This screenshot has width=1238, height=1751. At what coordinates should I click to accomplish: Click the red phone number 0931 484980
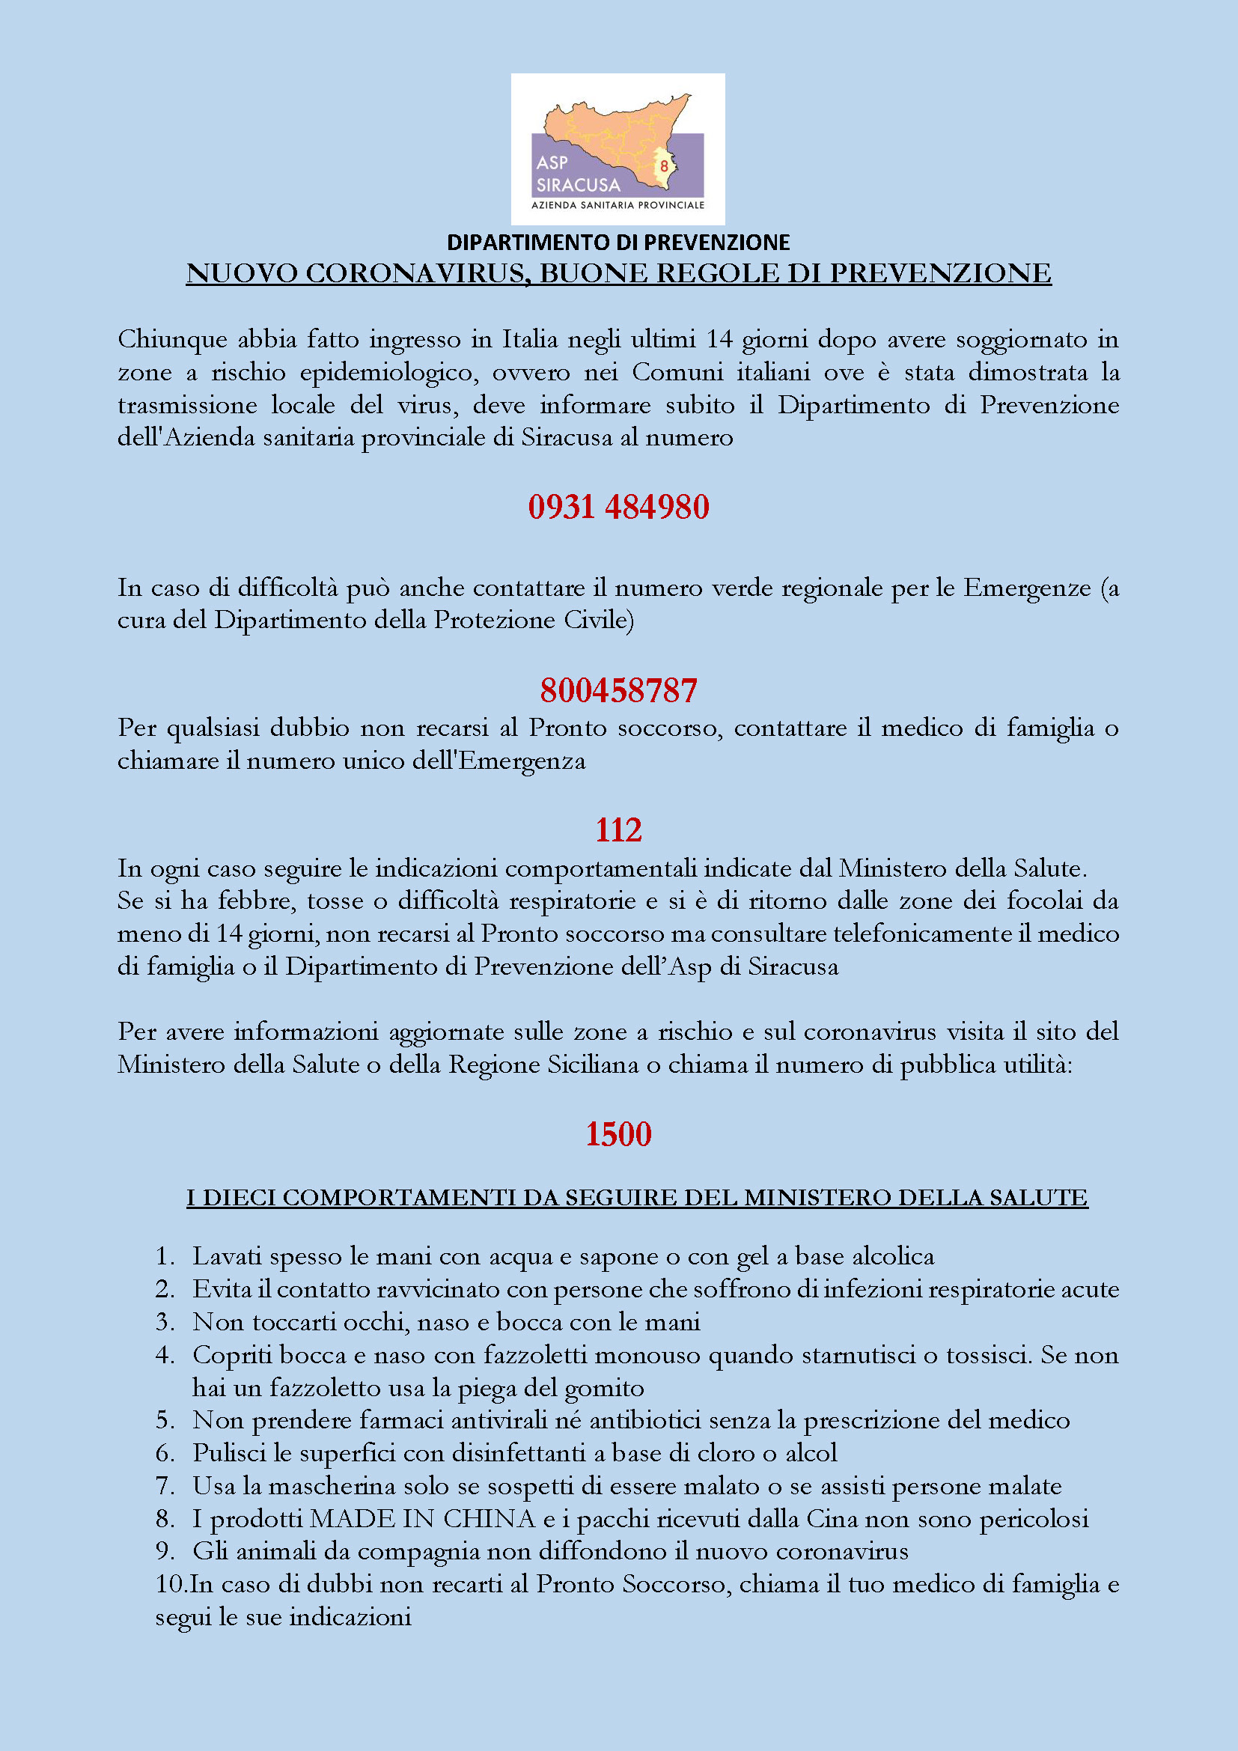[618, 507]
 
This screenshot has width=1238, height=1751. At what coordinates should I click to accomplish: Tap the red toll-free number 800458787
[618, 690]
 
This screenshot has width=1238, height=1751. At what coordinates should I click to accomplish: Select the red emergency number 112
[618, 829]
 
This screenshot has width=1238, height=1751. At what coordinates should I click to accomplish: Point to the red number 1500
[618, 1134]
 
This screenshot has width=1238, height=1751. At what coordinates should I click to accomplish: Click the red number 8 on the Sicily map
[664, 165]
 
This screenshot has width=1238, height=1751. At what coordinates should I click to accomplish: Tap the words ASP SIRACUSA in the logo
[577, 174]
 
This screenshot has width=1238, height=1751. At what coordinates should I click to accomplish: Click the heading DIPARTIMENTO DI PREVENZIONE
[618, 243]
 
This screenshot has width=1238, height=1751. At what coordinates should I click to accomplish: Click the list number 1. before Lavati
[165, 1257]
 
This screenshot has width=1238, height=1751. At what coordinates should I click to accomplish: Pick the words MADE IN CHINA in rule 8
[422, 1519]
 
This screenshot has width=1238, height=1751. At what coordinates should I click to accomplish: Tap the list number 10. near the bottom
[171, 1585]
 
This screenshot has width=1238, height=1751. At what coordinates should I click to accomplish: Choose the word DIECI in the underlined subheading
[240, 1198]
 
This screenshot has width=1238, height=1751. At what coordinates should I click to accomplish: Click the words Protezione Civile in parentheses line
[533, 620]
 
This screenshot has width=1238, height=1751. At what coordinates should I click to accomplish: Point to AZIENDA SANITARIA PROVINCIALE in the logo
[618, 205]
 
